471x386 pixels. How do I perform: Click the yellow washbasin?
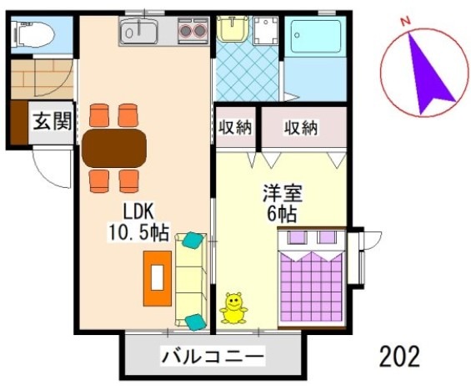click(x=228, y=30)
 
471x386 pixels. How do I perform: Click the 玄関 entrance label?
click(x=51, y=121)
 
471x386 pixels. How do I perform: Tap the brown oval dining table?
click(x=114, y=149)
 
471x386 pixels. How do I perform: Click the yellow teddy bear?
click(x=233, y=308)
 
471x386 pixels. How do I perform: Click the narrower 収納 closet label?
click(x=235, y=128)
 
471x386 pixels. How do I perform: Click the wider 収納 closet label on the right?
click(x=301, y=128)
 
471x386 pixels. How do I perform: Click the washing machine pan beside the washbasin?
click(x=265, y=33)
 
